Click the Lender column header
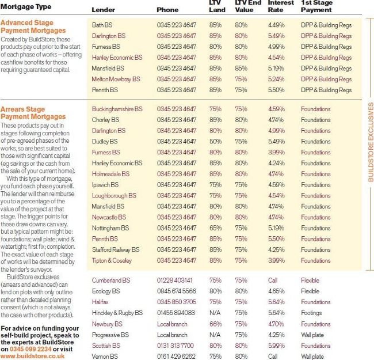(x=103, y=10)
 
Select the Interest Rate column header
(x=281, y=6)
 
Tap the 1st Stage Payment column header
(x=316, y=6)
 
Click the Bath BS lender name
(x=102, y=25)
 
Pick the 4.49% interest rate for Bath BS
(x=276, y=25)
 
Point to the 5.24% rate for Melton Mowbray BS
(x=276, y=79)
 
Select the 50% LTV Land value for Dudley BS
(x=215, y=142)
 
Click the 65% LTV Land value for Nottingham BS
(x=215, y=228)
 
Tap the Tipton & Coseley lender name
(x=112, y=260)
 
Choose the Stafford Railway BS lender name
(x=116, y=250)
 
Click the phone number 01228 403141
(x=174, y=281)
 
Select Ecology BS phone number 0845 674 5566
(x=177, y=291)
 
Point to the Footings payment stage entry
(x=311, y=313)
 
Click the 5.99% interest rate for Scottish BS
(x=276, y=346)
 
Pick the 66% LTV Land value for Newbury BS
(x=215, y=324)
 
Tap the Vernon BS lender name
(x=105, y=357)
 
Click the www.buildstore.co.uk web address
(x=33, y=356)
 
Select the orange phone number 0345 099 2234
(x=30, y=349)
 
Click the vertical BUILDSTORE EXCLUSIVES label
(x=371, y=142)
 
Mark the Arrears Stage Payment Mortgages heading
(x=33, y=113)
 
